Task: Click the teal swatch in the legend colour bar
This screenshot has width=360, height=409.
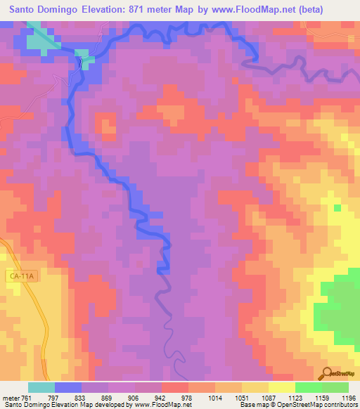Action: coord(41,387)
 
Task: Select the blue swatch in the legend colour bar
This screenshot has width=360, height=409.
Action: coord(67,387)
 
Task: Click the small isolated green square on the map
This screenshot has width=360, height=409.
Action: coord(337,207)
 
